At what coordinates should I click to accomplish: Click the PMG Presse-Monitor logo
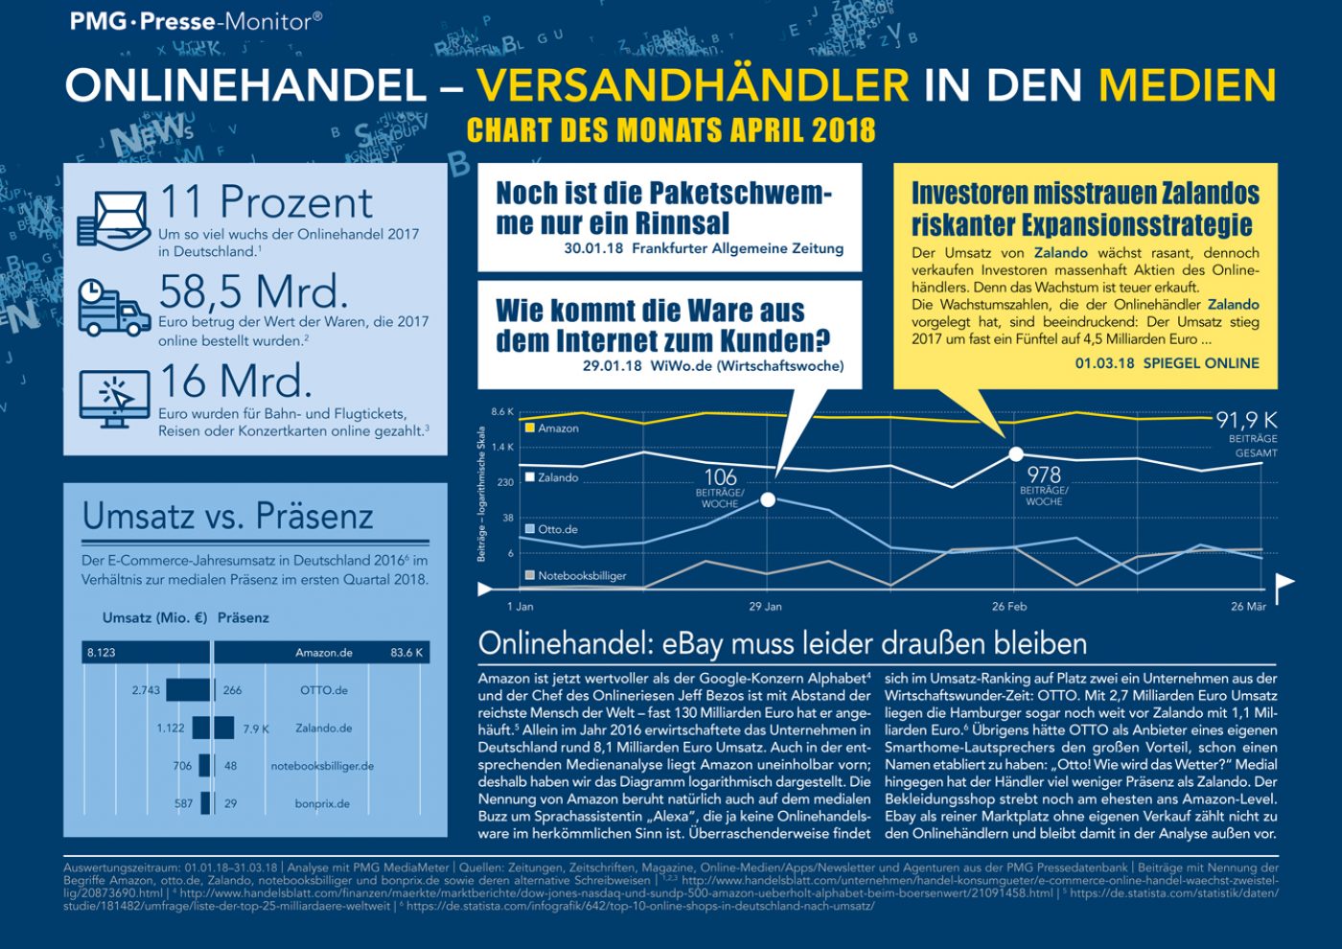pyautogui.click(x=196, y=21)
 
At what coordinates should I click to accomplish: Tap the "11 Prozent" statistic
pyautogui.click(x=266, y=202)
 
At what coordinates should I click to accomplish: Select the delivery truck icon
pyautogui.click(x=113, y=308)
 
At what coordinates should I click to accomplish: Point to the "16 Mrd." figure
pyautogui.click(x=236, y=382)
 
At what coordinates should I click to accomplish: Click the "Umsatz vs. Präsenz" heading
pyautogui.click(x=228, y=516)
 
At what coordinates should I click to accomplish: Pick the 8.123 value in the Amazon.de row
pyautogui.click(x=102, y=653)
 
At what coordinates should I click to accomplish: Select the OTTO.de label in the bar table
pyautogui.click(x=324, y=690)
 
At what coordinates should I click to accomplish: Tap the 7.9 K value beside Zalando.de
pyautogui.click(x=256, y=729)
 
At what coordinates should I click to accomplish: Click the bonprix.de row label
pyautogui.click(x=322, y=804)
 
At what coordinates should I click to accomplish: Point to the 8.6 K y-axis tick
pyautogui.click(x=502, y=412)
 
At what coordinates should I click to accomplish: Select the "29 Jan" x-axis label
pyautogui.click(x=765, y=607)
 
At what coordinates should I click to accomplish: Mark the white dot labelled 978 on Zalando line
pyautogui.click(x=1016, y=454)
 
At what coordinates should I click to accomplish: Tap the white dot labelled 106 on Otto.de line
pyautogui.click(x=768, y=499)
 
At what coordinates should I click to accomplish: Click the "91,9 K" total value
pyautogui.click(x=1246, y=420)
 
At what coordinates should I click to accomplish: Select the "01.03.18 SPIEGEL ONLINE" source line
pyautogui.click(x=1167, y=363)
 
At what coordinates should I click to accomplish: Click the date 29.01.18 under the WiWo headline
pyautogui.click(x=612, y=366)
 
